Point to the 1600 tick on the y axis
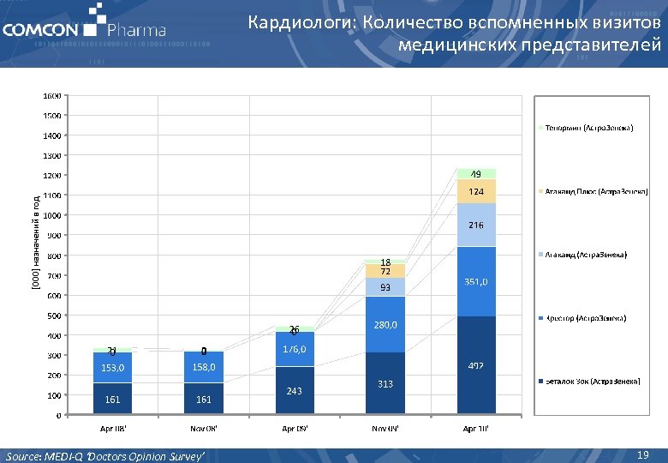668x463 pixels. pyautogui.click(x=51, y=95)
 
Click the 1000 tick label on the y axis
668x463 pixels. pyautogui.click(x=51, y=215)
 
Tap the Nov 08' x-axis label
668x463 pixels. pyautogui.click(x=203, y=428)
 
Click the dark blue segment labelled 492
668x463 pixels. pyautogui.click(x=476, y=366)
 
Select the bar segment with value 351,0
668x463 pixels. pyautogui.click(x=476, y=281)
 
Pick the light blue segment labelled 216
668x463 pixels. pyautogui.click(x=476, y=225)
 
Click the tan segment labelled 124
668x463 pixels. pyautogui.click(x=476, y=191)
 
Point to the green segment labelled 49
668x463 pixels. pyautogui.click(x=476, y=174)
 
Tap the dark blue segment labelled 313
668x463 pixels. pyautogui.click(x=385, y=383)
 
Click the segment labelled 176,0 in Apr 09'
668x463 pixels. pyautogui.click(x=295, y=349)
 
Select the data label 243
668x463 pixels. pyautogui.click(x=295, y=391)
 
